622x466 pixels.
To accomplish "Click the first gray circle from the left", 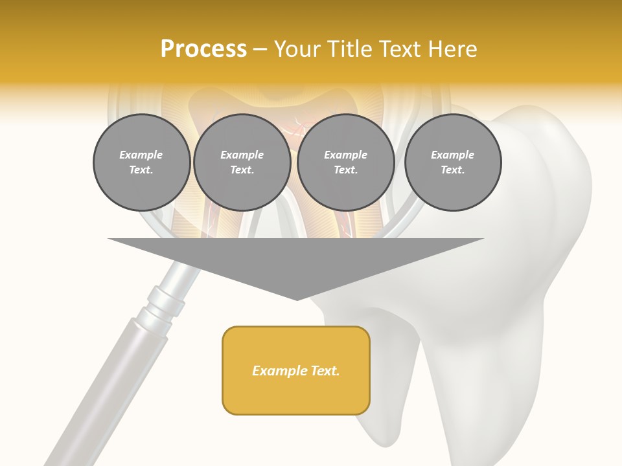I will point(141,162).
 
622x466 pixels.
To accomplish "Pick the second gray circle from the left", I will point(242,162).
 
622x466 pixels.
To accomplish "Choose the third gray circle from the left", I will point(346,162).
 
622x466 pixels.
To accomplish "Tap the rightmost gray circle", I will point(453,162).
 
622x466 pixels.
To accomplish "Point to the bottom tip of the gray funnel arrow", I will point(297,300).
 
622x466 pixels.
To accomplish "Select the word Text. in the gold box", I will point(324,371).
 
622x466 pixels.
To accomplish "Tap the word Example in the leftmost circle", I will point(141,155).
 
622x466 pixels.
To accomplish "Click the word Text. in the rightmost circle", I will point(453,170).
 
